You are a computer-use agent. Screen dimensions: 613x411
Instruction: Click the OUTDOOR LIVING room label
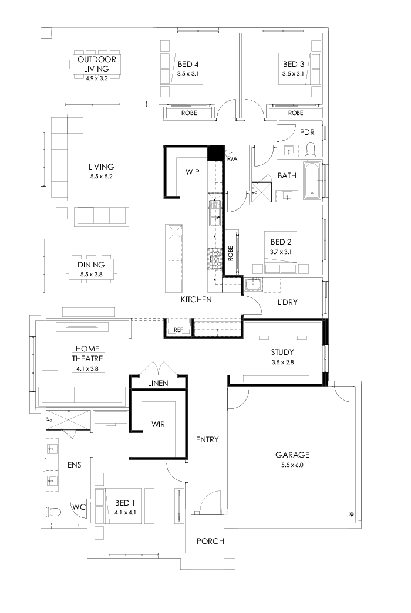click(97, 64)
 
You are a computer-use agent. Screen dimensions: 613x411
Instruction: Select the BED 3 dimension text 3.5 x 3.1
click(292, 74)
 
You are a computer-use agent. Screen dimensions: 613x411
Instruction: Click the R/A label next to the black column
click(231, 158)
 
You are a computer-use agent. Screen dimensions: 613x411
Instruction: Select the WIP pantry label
click(193, 172)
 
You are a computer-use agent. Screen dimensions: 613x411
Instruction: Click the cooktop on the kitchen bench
click(213, 256)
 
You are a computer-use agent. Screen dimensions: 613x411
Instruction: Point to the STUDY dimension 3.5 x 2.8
click(282, 362)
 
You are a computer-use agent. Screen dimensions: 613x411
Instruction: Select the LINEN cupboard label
click(158, 383)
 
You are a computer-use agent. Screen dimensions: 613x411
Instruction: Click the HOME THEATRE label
click(87, 353)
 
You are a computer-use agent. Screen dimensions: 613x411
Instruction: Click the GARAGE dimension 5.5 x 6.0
click(292, 465)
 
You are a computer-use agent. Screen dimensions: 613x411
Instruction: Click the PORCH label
click(210, 541)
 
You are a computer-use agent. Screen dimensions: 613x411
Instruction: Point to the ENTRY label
click(207, 439)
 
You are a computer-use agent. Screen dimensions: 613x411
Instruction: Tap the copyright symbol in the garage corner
click(351, 514)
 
